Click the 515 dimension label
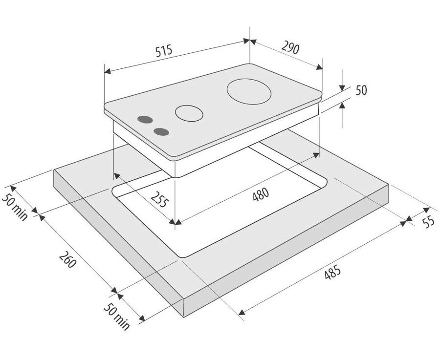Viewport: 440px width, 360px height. pyautogui.click(x=164, y=51)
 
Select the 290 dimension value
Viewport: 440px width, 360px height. pyautogui.click(x=290, y=48)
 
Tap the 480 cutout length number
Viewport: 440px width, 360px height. pyautogui.click(x=261, y=194)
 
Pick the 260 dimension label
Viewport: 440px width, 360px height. pyautogui.click(x=67, y=260)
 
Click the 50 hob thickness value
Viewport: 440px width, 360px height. pyautogui.click(x=361, y=90)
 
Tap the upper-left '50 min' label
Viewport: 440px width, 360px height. pyautogui.click(x=15, y=207)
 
